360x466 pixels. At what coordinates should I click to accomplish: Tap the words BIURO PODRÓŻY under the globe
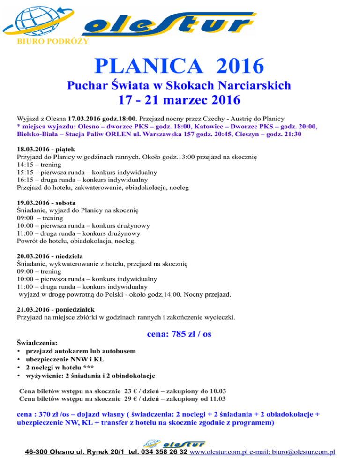coord(45,41)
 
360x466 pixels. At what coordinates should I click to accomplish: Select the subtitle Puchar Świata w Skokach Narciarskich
coord(179,85)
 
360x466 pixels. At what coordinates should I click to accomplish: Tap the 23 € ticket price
coord(130,391)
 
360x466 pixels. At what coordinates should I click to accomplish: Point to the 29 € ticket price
coord(130,399)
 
